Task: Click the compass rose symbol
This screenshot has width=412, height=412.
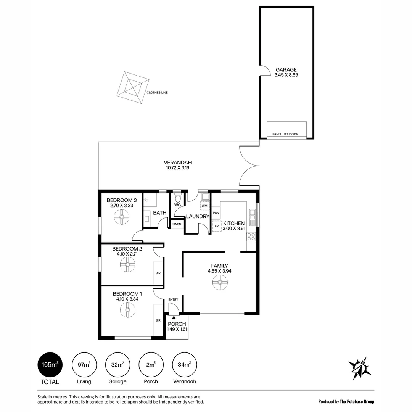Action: pos(359,368)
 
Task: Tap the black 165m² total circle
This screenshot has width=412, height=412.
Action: pos(50,365)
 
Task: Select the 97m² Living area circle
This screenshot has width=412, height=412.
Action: pos(84,365)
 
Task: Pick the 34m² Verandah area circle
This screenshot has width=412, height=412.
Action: pos(185,365)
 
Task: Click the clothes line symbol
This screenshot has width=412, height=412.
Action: pos(133,87)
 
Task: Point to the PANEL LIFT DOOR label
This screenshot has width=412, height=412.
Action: pos(285,134)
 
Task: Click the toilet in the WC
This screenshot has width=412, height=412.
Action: pos(178,198)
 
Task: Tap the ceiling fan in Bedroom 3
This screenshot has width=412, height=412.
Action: pos(122,217)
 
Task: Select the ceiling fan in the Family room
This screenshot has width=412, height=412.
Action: pos(220,282)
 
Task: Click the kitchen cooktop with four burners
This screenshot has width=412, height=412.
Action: pos(251,237)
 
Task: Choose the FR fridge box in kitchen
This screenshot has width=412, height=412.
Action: pos(217,226)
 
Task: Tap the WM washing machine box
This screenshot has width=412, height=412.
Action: pos(205,206)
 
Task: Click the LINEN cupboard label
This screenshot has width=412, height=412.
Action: pos(177,224)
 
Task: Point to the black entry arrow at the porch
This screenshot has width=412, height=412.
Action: pos(174,317)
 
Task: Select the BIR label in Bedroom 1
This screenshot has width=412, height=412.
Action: pos(158,320)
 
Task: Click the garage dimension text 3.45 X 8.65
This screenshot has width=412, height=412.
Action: pos(286,75)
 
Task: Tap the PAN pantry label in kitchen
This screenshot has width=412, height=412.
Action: pos(216,213)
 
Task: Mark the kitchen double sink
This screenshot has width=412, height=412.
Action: pos(252,217)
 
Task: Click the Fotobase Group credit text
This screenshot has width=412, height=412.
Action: pos(346,401)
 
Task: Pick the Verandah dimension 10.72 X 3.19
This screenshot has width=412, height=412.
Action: pos(178,167)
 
